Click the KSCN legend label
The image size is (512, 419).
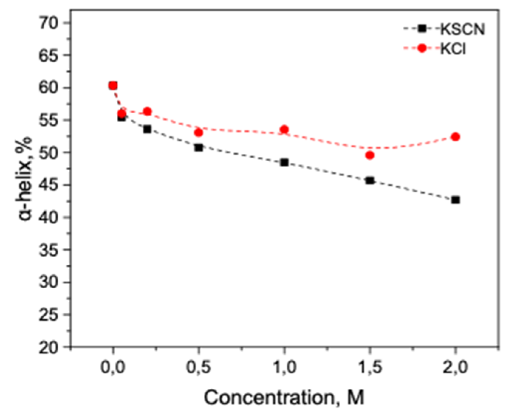coord(462,29)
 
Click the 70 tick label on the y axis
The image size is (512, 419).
coord(49,23)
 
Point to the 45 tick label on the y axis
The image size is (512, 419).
coord(49,185)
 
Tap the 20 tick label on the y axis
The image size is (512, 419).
coord(49,347)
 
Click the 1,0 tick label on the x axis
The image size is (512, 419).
coord(284,368)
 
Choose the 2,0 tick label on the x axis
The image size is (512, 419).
coord(455,368)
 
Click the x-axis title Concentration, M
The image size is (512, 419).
coord(284,398)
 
